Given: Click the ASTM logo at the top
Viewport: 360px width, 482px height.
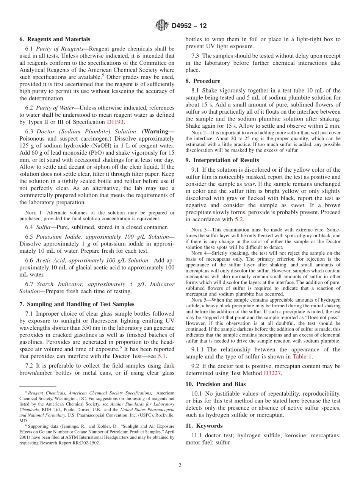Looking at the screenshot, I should (162, 26).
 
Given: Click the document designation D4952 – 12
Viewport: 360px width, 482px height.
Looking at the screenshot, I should (189, 26).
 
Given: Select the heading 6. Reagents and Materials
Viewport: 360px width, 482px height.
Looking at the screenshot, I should (55, 39).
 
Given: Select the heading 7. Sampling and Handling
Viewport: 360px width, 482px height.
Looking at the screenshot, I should (77, 304).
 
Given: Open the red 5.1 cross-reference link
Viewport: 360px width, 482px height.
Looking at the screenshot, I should (161, 356).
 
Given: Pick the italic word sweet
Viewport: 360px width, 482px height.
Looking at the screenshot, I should (297, 205).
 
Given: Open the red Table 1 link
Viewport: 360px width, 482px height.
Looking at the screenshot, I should (302, 357).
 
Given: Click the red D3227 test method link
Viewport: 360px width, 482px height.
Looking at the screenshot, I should (273, 373).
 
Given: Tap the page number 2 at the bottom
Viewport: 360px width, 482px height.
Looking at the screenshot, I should (180, 465).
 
